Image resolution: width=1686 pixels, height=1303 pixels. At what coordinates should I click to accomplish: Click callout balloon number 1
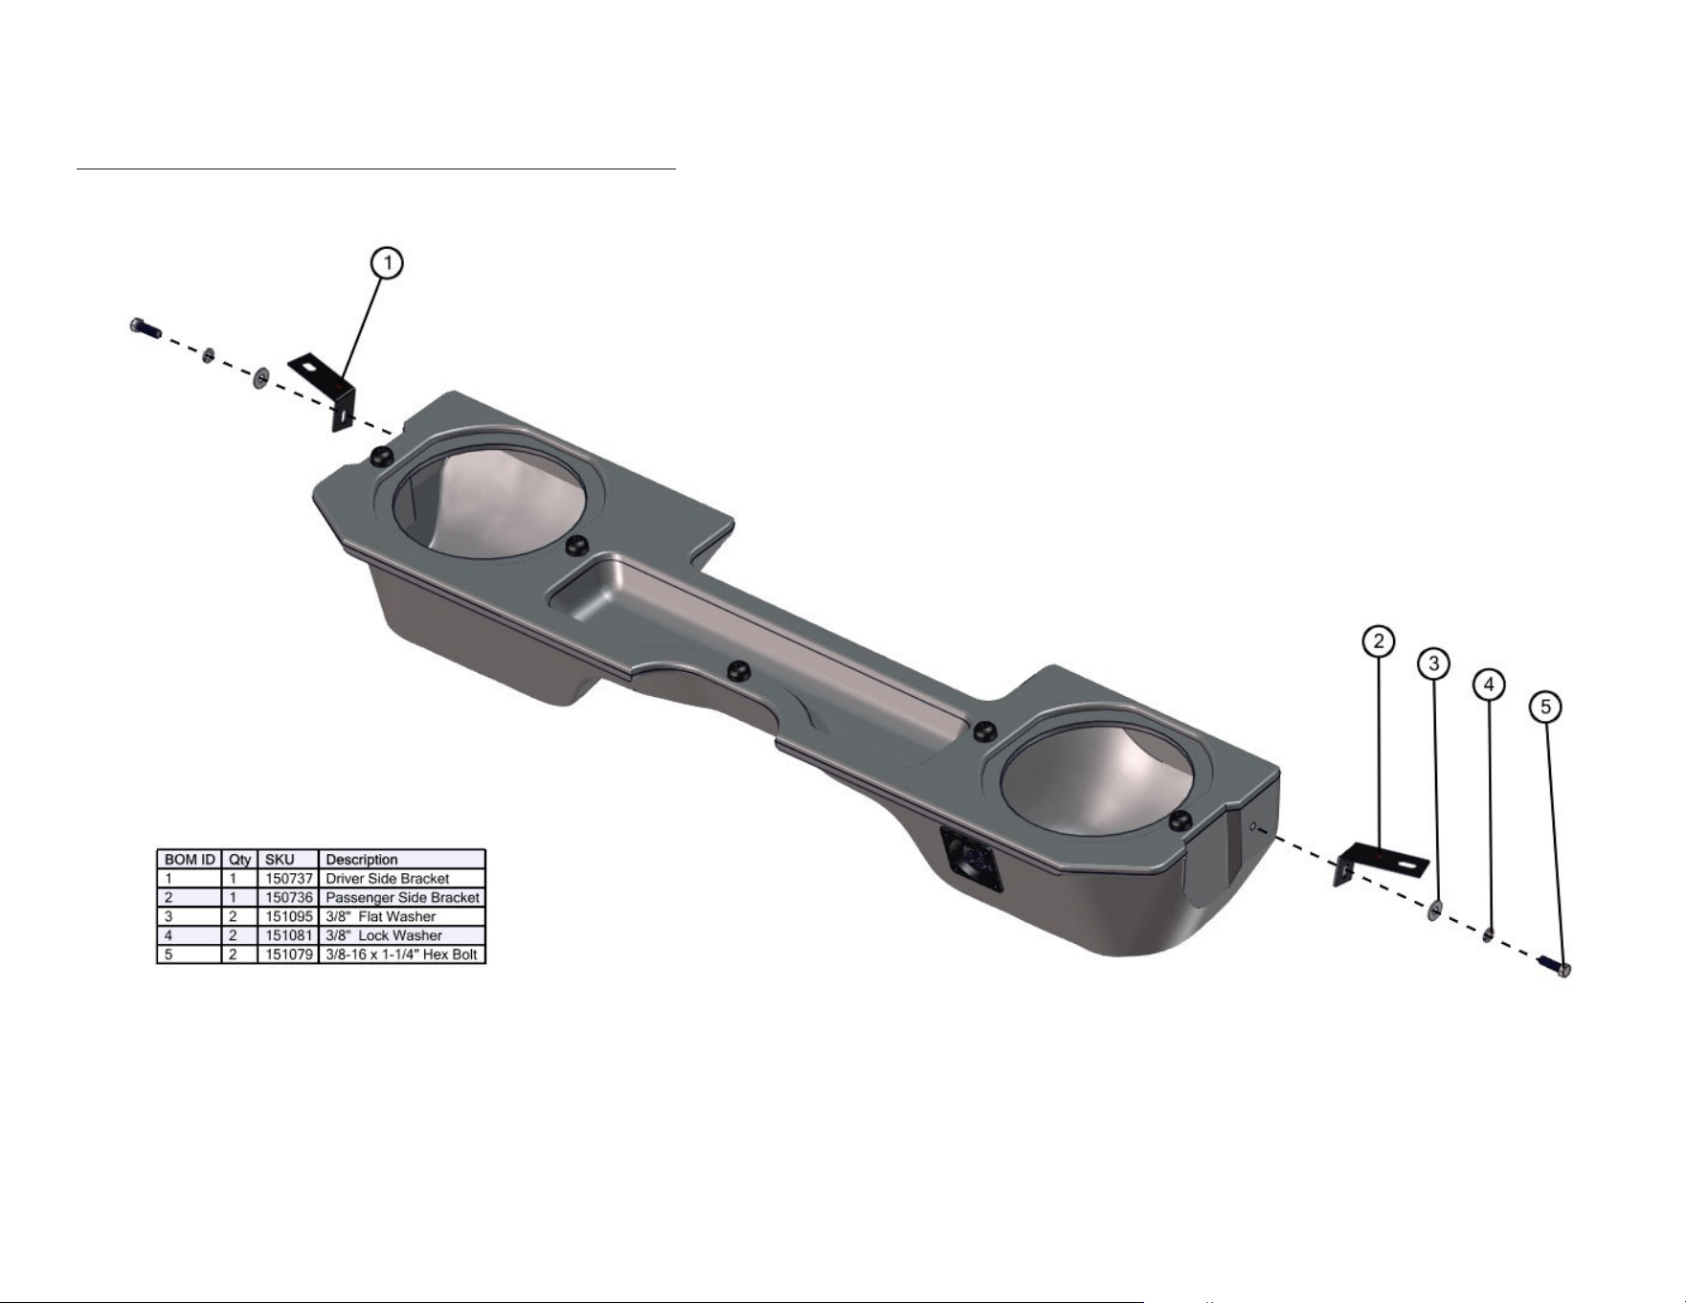tap(387, 262)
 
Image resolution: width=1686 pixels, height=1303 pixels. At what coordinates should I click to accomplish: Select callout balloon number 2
tap(1379, 641)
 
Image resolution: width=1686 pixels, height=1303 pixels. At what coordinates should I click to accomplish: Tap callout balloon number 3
tap(1433, 663)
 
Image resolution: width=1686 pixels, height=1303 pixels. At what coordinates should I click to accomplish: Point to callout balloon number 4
tap(1489, 685)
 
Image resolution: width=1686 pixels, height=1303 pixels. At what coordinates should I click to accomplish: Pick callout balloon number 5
tap(1545, 708)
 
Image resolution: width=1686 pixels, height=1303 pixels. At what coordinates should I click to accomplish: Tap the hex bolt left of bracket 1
tap(145, 328)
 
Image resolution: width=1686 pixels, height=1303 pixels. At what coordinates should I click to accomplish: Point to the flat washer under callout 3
tap(1436, 910)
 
